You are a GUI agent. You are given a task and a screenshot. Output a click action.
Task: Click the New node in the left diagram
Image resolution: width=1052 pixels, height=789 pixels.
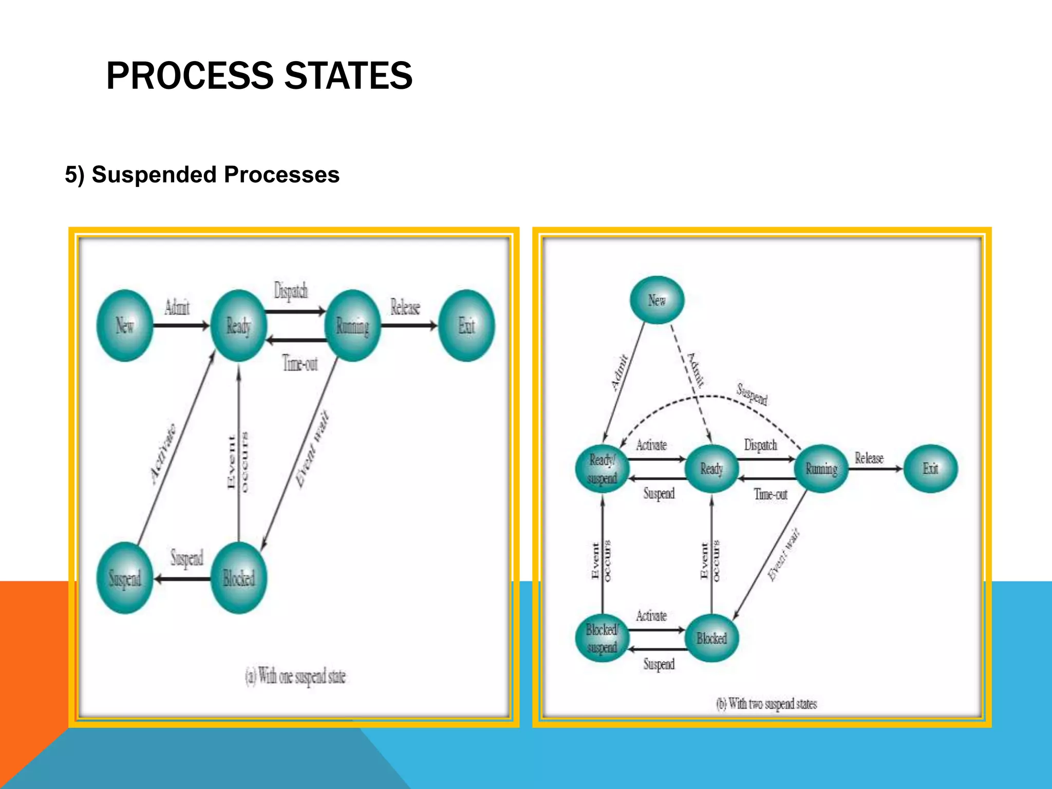pos(125,326)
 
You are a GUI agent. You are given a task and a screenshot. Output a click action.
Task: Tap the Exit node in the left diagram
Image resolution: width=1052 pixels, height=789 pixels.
pos(466,326)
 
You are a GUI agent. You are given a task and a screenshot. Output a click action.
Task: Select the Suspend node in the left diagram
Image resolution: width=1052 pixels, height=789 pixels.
pos(125,578)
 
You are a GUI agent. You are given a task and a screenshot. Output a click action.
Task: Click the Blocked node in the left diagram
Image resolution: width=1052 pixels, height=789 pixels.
pos(239,578)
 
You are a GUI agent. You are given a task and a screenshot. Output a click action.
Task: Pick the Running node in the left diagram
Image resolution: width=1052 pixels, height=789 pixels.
pos(353,326)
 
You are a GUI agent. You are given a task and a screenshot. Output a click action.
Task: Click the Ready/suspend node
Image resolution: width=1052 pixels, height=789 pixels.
pos(603,468)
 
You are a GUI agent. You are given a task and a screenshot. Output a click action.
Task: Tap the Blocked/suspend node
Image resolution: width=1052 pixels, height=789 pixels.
pos(602,638)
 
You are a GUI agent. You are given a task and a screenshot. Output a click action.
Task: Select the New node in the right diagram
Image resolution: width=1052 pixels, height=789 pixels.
pos(657,300)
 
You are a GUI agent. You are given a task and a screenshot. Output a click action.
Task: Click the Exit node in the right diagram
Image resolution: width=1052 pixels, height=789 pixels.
pos(930,468)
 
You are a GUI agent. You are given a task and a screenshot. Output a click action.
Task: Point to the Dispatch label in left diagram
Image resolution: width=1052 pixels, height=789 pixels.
pos(291,291)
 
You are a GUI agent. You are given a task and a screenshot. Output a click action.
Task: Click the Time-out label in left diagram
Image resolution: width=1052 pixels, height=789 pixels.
pos(300,364)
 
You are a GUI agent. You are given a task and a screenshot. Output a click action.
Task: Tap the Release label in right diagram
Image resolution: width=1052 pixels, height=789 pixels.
pos(869,458)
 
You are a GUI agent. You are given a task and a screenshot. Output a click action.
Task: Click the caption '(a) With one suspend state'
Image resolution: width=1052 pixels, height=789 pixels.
pos(295,676)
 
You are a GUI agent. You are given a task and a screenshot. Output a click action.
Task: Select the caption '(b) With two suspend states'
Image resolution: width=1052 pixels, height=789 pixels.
pos(766,703)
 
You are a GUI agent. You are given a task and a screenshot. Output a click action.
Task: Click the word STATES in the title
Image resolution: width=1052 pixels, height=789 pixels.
pos(348,76)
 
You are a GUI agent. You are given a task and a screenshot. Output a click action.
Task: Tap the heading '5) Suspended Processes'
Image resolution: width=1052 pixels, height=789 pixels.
pos(202,175)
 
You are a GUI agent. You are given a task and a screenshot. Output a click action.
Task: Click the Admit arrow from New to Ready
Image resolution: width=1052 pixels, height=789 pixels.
pos(181,325)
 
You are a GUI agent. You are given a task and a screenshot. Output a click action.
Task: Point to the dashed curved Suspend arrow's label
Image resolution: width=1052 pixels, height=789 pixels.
pos(752,394)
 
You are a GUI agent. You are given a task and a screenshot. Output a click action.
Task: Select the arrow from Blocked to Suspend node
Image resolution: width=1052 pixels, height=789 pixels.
pos(182,579)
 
